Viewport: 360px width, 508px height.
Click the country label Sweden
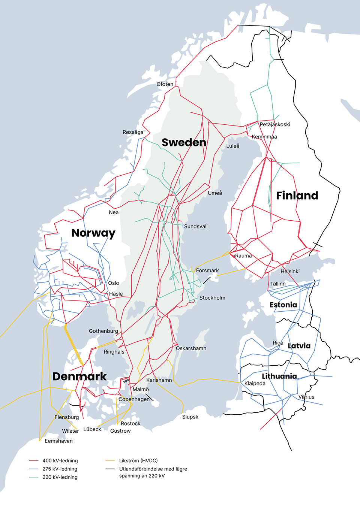(x=184, y=142)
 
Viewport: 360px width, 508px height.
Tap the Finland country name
(x=297, y=196)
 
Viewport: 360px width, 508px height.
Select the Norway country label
(x=93, y=233)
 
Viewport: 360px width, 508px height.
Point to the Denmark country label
(x=79, y=377)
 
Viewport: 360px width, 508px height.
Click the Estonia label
(x=283, y=305)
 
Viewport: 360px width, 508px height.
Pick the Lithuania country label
(x=279, y=376)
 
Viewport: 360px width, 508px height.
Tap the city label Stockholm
(x=212, y=298)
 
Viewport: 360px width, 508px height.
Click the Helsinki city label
(x=290, y=271)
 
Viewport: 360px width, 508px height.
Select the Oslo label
(x=114, y=283)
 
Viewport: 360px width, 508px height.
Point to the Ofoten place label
(x=165, y=84)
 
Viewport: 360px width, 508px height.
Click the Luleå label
(x=233, y=146)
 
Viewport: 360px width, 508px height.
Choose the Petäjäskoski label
(x=275, y=124)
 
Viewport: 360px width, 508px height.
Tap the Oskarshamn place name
(x=191, y=348)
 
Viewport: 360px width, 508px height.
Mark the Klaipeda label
(x=255, y=383)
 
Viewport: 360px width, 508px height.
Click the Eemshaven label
(x=58, y=441)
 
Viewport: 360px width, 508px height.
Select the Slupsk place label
(x=190, y=417)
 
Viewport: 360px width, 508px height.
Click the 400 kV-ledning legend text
(x=60, y=461)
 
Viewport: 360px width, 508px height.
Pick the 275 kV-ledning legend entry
(x=60, y=469)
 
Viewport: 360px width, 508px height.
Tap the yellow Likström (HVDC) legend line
(x=110, y=461)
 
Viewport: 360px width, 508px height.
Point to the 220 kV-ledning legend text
(x=60, y=477)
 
